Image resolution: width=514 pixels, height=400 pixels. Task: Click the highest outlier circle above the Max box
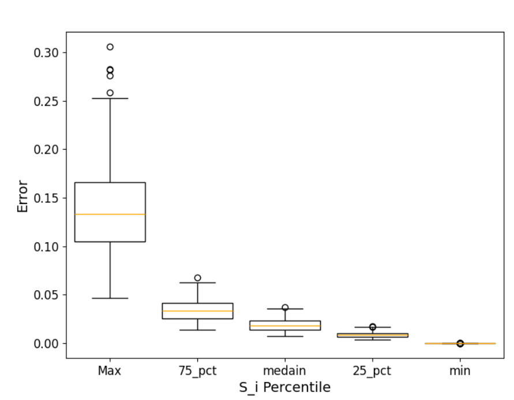(110, 47)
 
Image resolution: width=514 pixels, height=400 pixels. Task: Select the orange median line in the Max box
(110, 214)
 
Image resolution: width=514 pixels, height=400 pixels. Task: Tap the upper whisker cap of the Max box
(110, 98)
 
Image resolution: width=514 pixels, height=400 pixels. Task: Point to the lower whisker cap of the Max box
(110, 298)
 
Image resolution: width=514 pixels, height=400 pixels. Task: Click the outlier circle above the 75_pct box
(197, 278)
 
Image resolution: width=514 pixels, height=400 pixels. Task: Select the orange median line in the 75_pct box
(197, 311)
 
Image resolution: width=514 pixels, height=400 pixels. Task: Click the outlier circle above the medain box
(285, 308)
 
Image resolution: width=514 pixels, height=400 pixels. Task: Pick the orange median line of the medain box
(285, 326)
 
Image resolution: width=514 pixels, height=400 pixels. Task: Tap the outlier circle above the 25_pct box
(373, 327)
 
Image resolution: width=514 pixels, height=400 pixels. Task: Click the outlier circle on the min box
(460, 343)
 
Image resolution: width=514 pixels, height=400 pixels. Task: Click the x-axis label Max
(110, 371)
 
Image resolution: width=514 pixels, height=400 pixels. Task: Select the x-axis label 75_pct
(197, 371)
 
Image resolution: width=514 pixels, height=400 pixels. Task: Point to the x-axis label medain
(285, 371)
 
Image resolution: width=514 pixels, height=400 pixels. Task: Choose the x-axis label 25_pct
(373, 371)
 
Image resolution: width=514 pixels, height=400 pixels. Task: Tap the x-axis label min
(460, 371)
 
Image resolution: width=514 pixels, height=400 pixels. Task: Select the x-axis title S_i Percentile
(285, 387)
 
